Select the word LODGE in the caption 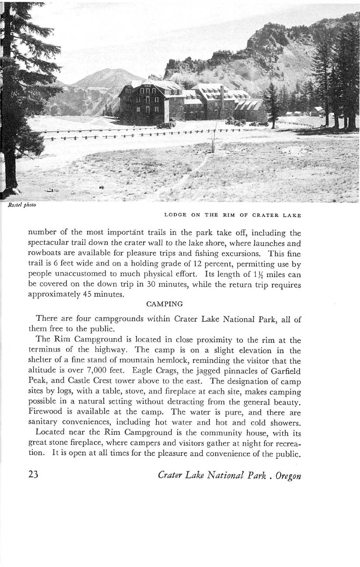[x=174, y=215]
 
